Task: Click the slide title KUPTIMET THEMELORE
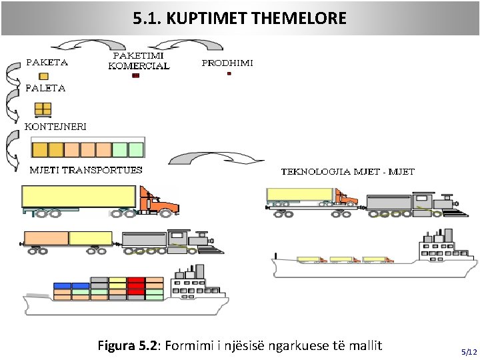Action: pos(240,18)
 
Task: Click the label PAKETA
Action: pos(47,63)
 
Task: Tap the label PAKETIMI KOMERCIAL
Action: pos(139,61)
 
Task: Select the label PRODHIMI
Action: pos(227,63)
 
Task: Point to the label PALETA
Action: pos(45,88)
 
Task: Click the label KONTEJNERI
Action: pos(55,125)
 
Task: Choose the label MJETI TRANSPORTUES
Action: pos(86,170)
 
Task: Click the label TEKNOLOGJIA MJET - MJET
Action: pos(347,171)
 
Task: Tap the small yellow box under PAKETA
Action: pos(43,76)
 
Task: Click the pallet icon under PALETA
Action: pos(43,109)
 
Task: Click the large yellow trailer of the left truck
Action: pos(79,196)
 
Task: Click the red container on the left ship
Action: pos(136,285)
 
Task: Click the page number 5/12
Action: pos(469,351)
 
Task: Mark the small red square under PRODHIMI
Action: pos(229,74)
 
